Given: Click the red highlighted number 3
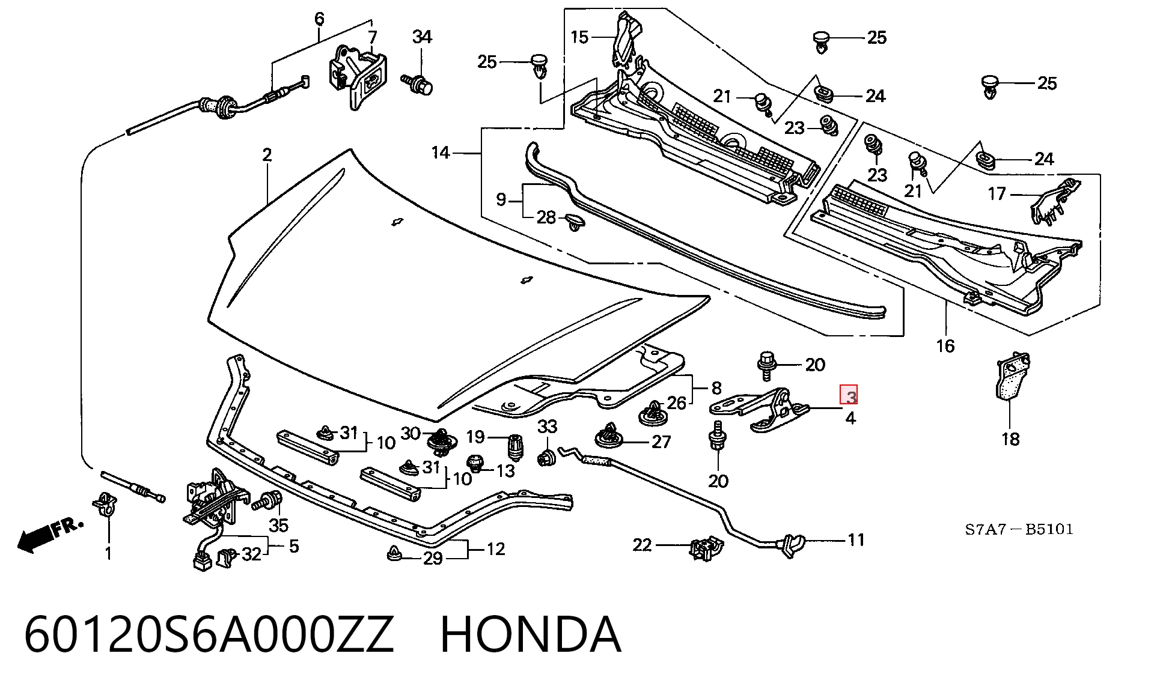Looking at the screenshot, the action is [850, 396].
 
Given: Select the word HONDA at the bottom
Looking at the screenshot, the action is [531, 634].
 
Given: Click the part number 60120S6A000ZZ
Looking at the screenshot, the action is [209, 634].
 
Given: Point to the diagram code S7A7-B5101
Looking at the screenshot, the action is [1019, 529].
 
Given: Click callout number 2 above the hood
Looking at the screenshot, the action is [267, 155].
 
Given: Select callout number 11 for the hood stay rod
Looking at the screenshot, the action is [856, 540].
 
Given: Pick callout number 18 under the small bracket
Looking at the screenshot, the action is [1010, 439].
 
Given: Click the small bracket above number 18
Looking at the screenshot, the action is [1013, 377].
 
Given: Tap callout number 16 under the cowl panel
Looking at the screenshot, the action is [945, 346].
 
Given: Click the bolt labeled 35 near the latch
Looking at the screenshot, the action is [268, 501].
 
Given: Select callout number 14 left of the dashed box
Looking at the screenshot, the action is [441, 153].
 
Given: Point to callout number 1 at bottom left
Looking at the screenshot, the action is [108, 553].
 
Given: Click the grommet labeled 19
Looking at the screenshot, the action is [514, 446].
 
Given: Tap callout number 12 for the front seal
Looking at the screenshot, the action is [496, 549].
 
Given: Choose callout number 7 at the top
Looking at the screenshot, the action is [373, 37].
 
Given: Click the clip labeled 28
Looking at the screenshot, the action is [576, 222].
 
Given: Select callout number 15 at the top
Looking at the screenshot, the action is [579, 37].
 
